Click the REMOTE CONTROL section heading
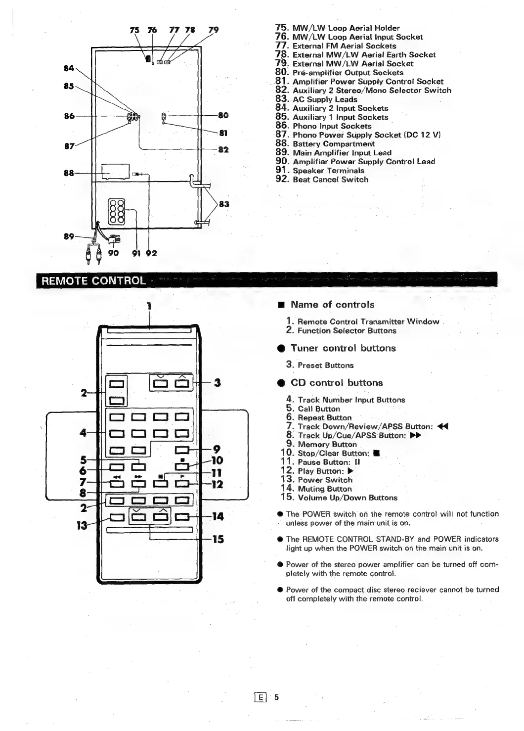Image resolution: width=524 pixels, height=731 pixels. tap(93, 281)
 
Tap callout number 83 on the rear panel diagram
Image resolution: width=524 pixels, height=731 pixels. tap(224, 204)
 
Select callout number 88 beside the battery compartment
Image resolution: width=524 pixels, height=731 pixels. tap(68, 173)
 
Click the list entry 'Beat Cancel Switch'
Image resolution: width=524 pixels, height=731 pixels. tap(330, 180)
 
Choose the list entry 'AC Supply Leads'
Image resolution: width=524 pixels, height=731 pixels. tap(325, 99)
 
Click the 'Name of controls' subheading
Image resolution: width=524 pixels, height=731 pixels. tap(332, 305)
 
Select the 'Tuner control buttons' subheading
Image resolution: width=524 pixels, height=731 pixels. tap(343, 348)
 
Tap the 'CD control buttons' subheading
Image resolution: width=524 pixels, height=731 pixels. tap(337, 383)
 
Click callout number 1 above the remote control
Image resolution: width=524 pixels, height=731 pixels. tap(148, 305)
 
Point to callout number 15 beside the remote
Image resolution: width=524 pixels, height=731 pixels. tap(218, 539)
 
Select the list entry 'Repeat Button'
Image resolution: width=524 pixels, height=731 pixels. tap(324, 417)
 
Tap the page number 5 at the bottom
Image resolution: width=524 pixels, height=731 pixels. tap(277, 697)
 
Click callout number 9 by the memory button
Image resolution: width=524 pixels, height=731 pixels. tap(216, 449)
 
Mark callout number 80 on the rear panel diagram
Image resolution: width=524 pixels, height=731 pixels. tap(223, 116)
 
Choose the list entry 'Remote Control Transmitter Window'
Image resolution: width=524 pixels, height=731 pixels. tap(368, 321)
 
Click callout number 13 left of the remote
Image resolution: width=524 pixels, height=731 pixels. tap(82, 525)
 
